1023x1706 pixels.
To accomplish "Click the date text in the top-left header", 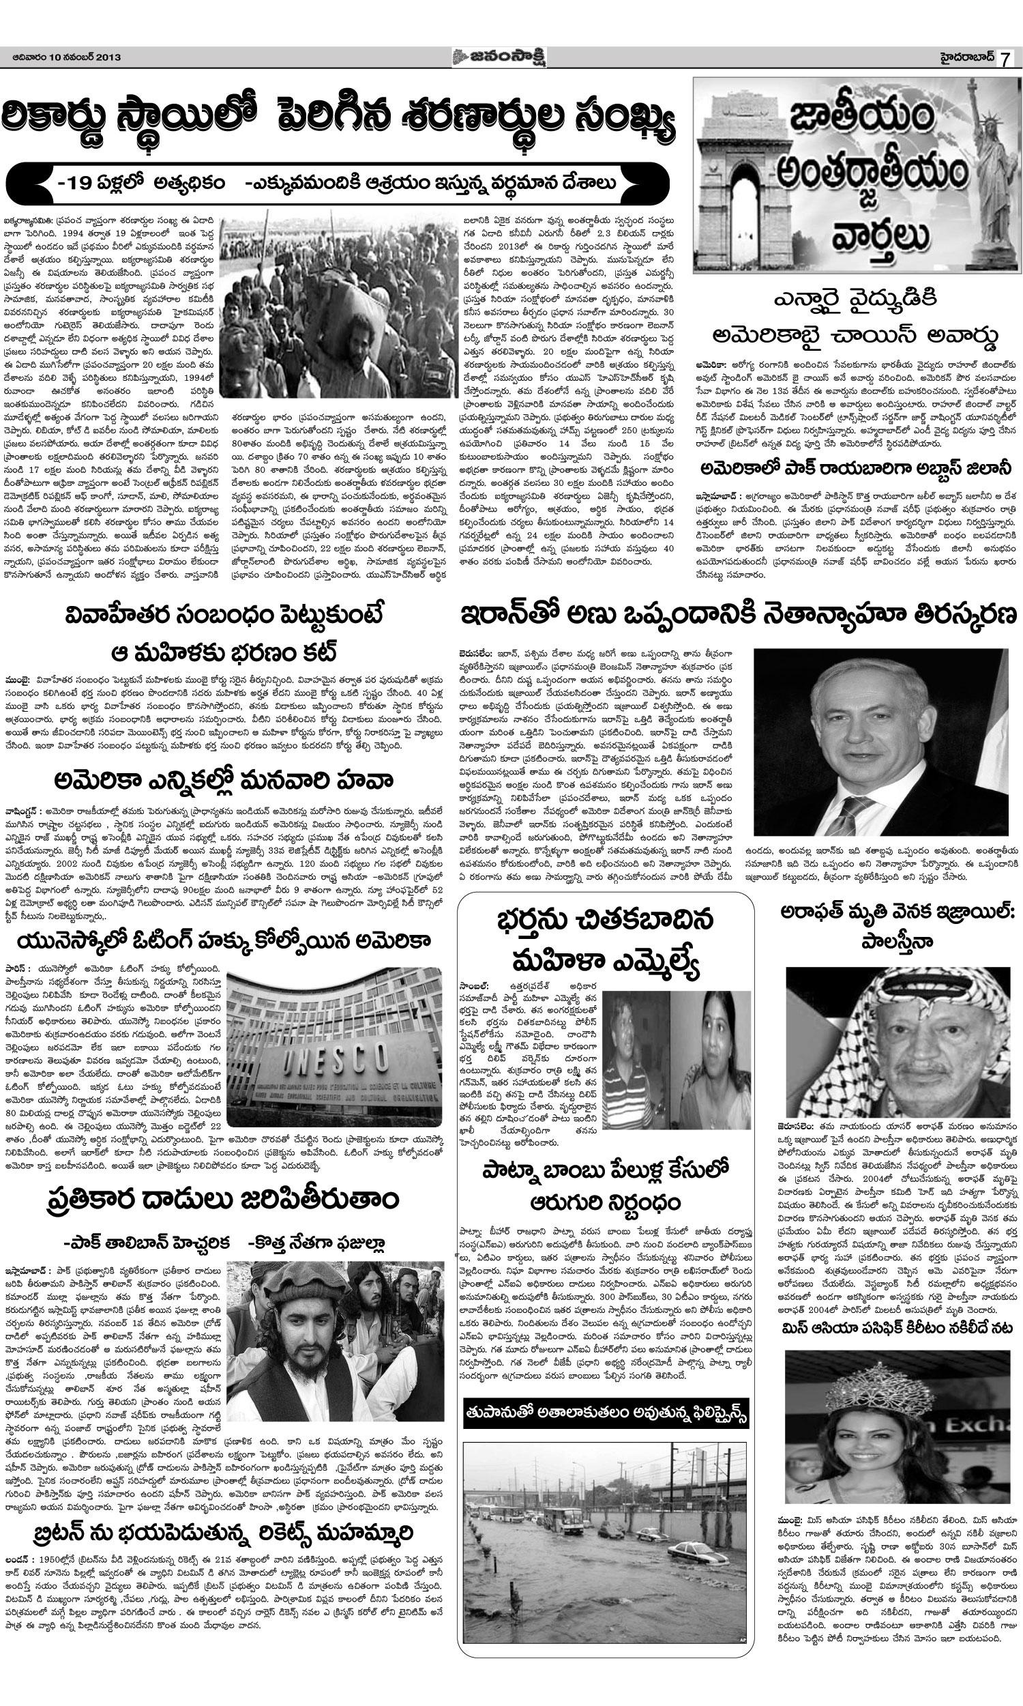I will [66, 57].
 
